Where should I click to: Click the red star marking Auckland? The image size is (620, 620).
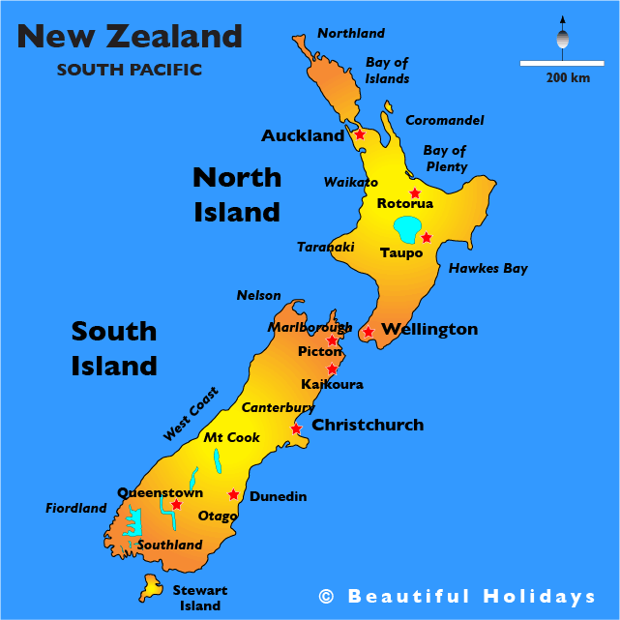click(360, 134)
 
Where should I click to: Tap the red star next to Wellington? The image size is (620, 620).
click(368, 333)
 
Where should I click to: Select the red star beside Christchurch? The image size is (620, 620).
click(297, 428)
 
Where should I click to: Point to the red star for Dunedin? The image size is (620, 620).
click(233, 494)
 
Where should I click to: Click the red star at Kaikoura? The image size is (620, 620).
click(332, 369)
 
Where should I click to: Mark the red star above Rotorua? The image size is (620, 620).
click(415, 192)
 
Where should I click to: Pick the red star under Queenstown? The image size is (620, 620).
click(176, 504)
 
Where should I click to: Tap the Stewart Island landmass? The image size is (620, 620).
click(152, 585)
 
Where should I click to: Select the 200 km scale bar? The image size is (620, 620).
click(554, 64)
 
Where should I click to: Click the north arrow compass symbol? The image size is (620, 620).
click(562, 38)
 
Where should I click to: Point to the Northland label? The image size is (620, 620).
click(351, 34)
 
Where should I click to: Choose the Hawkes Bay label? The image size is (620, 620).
click(487, 268)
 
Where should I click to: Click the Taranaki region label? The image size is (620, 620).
click(325, 247)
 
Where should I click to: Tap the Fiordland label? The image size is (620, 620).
click(76, 508)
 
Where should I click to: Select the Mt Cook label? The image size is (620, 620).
click(231, 437)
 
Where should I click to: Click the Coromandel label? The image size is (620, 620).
click(444, 120)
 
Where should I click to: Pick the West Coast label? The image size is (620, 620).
click(191, 414)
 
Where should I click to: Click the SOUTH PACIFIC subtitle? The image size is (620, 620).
click(130, 70)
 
